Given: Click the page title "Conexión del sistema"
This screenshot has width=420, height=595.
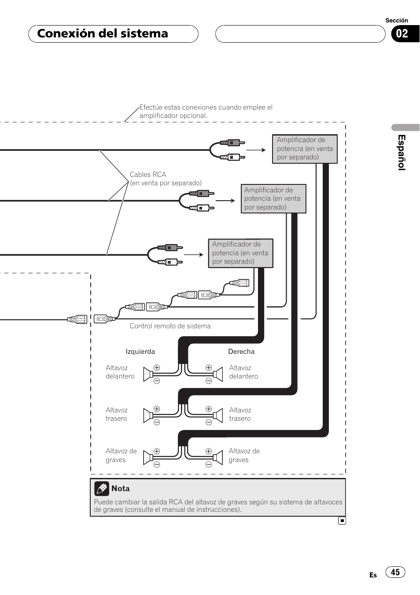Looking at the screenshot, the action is pos(103,33).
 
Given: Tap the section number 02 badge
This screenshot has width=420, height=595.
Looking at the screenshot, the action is pos(405,34).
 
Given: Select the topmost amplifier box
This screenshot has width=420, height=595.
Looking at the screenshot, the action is pos(305,149).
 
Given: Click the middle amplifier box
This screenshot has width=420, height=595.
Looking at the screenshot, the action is pos(273,198).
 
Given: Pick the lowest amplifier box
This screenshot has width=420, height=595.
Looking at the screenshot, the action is pos(241,253).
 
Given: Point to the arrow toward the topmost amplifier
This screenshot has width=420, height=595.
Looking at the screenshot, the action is pos(256,150).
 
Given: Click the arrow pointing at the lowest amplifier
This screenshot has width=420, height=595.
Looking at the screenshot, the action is pos(194,255).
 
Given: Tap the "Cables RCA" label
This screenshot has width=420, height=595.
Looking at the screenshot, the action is pos(147,175).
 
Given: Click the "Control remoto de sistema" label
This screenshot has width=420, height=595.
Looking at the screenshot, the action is pos(170,326).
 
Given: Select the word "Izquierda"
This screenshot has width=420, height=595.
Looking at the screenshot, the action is pos(140,352).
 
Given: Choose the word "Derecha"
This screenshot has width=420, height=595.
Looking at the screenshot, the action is pos(241,352).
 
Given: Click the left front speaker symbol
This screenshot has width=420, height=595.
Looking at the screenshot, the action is pos(148,374).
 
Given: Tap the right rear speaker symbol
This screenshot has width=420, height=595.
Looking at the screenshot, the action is pos(218,415).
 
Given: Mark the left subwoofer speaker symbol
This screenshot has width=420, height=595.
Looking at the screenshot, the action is pos(148,458).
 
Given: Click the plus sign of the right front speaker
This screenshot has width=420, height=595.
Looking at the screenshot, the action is pos(209,367).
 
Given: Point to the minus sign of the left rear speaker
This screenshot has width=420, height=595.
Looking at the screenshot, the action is pos(157,422).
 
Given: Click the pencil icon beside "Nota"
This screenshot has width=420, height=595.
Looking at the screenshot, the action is pos(102,488).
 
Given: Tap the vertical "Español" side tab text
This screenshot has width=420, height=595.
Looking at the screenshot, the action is pos(402,152).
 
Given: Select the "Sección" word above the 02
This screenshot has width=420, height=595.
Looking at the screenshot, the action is pos(397,20).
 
